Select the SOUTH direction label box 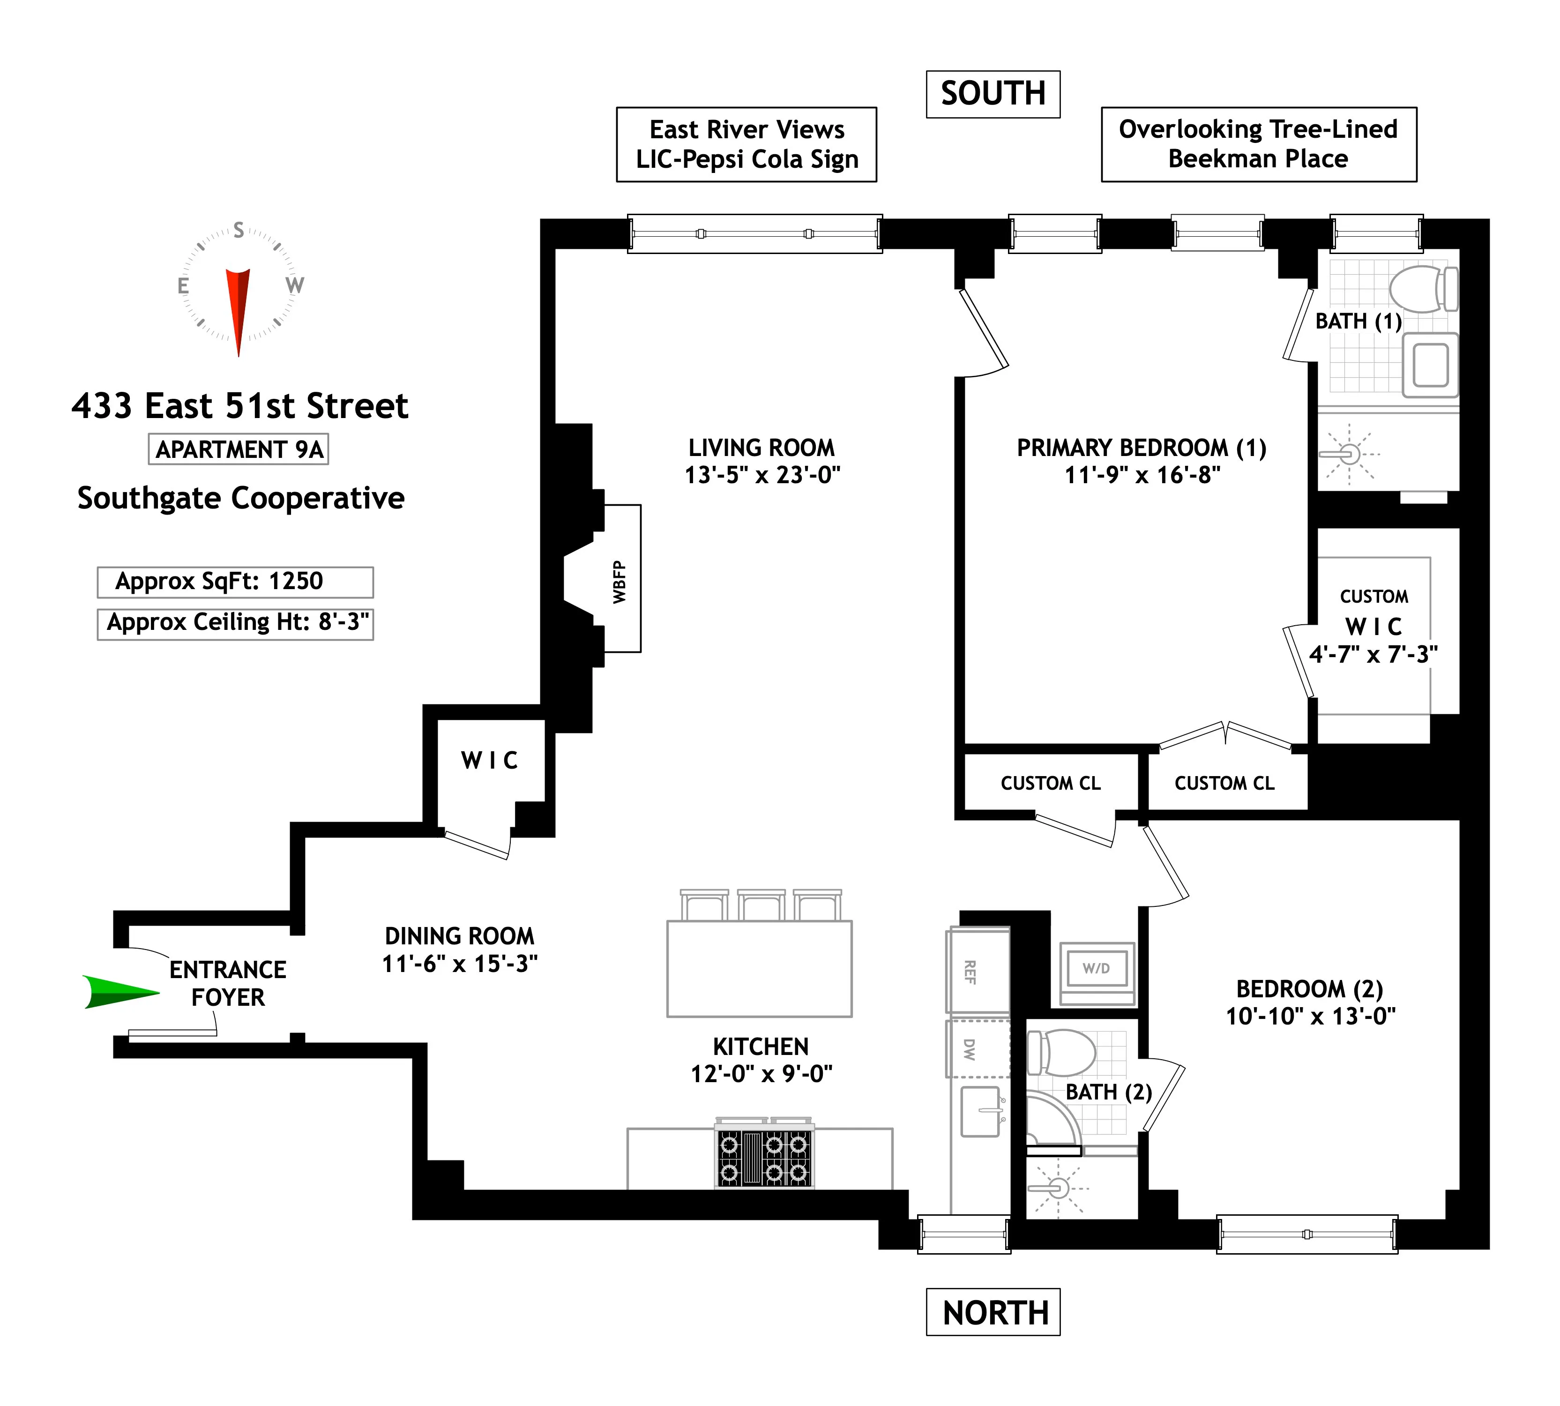click(993, 94)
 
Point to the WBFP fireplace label click(620, 581)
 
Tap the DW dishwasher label click(970, 1048)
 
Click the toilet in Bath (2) click(1062, 1052)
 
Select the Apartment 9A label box click(239, 449)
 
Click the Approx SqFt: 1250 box click(235, 582)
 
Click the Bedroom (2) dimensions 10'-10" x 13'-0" click(1311, 1016)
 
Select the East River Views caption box click(746, 144)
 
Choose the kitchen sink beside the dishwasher click(979, 1111)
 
